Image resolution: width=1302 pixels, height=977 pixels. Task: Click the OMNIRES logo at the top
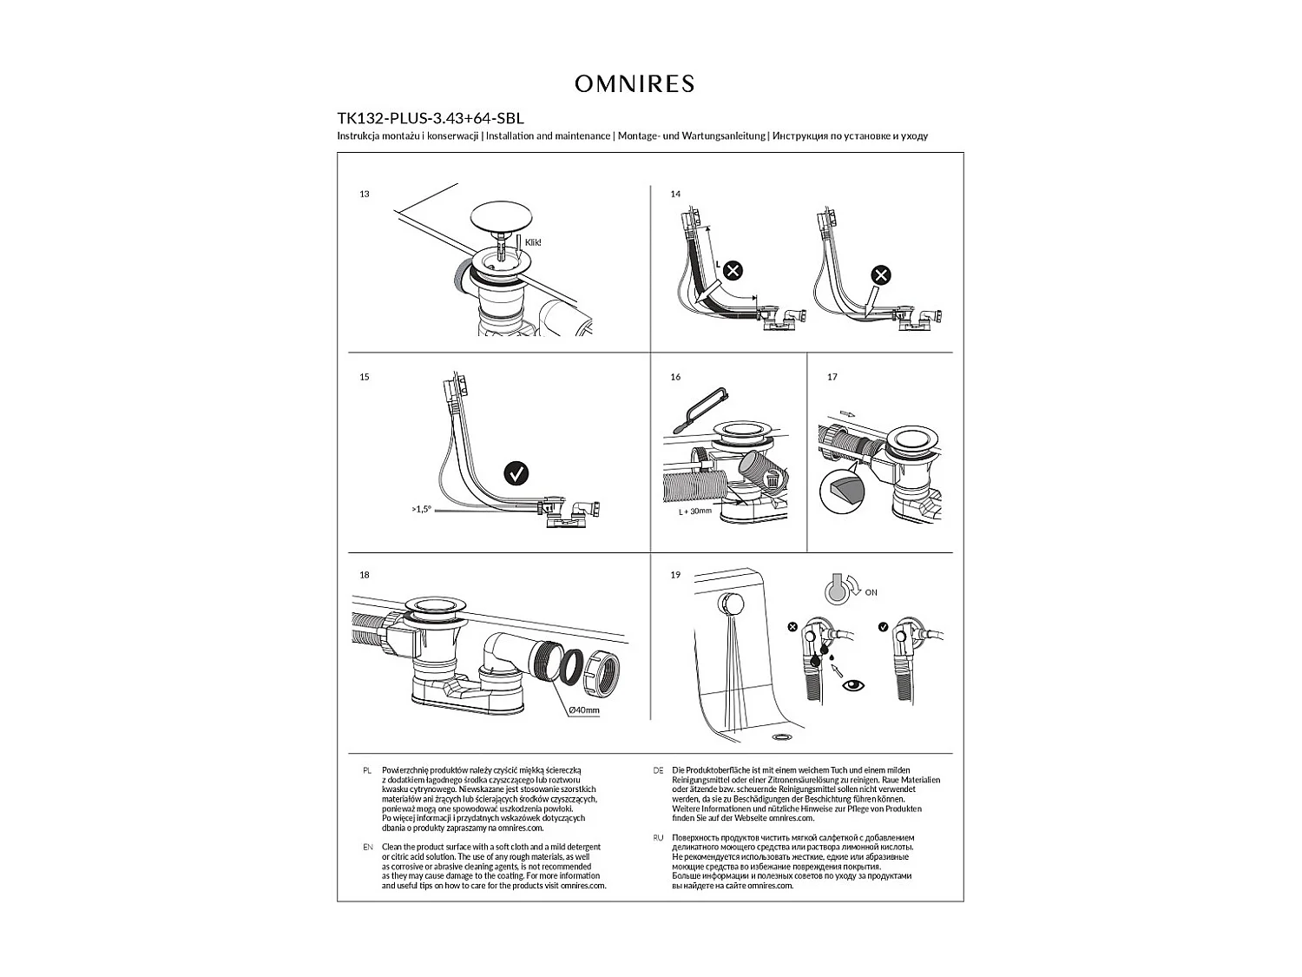click(x=635, y=83)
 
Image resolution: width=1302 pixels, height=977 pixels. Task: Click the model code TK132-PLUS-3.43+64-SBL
click(x=430, y=118)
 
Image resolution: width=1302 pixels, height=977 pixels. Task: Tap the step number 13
click(x=365, y=195)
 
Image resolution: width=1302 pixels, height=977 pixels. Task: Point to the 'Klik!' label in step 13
click(x=533, y=242)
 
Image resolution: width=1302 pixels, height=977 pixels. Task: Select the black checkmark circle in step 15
click(x=516, y=474)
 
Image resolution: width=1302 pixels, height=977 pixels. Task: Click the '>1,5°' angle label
click(x=421, y=510)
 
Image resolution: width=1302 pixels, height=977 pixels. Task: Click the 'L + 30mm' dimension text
click(x=694, y=512)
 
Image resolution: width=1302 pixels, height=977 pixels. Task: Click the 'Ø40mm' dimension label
click(x=583, y=710)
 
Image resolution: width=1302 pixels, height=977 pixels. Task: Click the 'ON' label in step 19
click(x=871, y=592)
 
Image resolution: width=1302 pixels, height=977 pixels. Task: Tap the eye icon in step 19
click(x=854, y=685)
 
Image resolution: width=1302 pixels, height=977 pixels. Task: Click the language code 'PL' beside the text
click(x=367, y=770)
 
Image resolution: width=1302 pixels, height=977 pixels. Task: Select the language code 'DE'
click(x=658, y=770)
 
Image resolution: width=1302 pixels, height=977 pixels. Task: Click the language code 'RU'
click(x=658, y=838)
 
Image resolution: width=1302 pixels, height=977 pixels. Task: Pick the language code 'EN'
click(x=367, y=847)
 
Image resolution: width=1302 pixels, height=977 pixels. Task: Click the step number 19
click(x=675, y=575)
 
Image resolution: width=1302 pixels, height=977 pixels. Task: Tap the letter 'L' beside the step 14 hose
click(x=717, y=263)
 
